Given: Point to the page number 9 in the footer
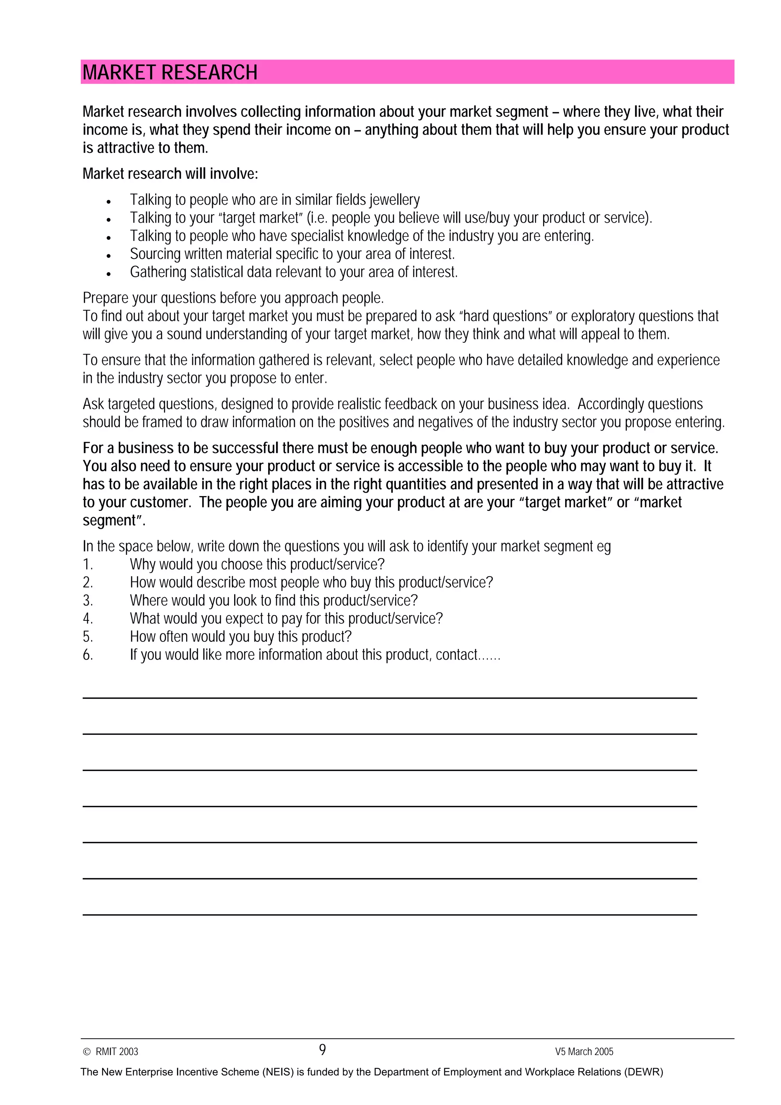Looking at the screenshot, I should pyautogui.click(x=322, y=1050).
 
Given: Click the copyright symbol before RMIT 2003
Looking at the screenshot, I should pyautogui.click(x=87, y=1052).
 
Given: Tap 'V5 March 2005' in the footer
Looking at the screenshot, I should pyautogui.click(x=584, y=1052).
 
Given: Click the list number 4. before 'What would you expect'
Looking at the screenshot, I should pyautogui.click(x=88, y=618).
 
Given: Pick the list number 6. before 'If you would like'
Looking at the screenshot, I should pyautogui.click(x=88, y=655).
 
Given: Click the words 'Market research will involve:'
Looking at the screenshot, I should pyautogui.click(x=170, y=174).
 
